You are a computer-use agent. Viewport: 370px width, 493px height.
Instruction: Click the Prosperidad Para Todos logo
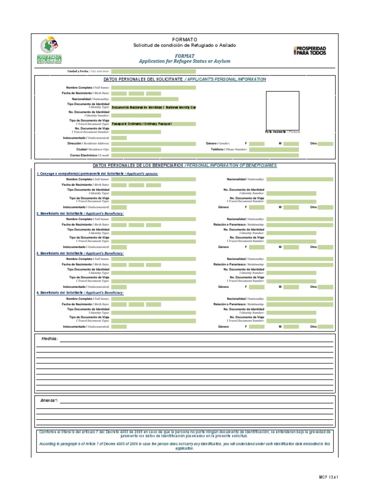(x=309, y=50)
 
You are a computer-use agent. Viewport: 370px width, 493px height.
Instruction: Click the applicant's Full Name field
(x=153, y=88)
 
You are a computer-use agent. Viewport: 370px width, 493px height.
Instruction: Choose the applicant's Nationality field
(x=145, y=99)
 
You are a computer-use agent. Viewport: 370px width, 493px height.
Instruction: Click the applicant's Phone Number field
(x=274, y=150)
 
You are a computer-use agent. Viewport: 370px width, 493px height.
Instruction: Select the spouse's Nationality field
(x=299, y=179)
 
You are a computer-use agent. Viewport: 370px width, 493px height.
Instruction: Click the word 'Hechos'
(x=50, y=339)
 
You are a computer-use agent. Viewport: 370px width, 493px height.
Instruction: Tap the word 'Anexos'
(x=49, y=401)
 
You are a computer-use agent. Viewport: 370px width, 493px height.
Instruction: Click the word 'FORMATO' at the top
(x=185, y=39)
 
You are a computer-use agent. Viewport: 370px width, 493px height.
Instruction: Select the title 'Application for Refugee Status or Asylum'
(x=185, y=61)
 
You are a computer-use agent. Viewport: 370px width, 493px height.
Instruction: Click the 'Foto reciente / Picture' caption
(x=282, y=131)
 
